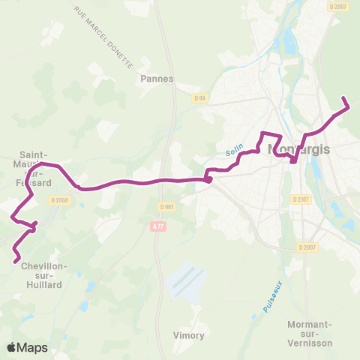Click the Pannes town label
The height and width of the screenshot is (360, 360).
(157, 78)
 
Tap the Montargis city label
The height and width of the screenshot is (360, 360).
(298, 149)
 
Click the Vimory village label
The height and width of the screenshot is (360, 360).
(188, 335)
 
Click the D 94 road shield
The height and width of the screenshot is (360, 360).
(199, 97)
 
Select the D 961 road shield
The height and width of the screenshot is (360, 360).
(166, 207)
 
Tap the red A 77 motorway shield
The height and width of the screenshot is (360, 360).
(157, 226)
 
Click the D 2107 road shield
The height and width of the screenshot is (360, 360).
(301, 199)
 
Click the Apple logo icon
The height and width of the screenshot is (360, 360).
(12, 347)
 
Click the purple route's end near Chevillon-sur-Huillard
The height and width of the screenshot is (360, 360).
(16, 261)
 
